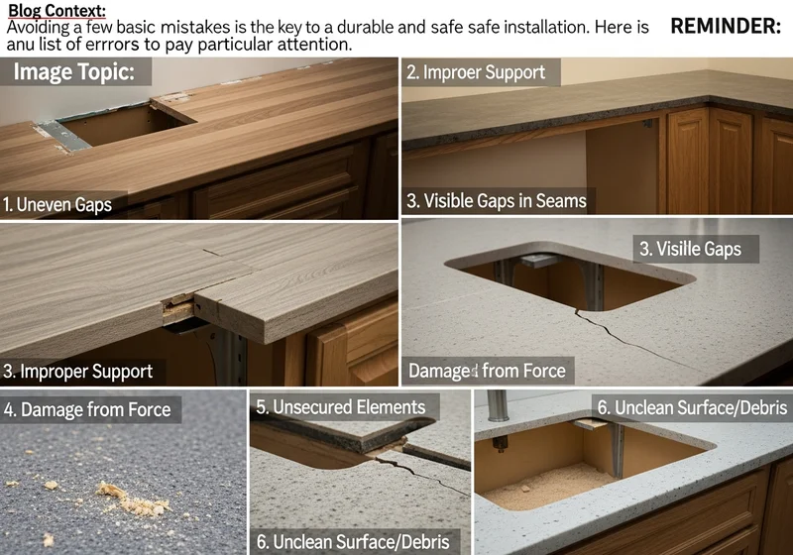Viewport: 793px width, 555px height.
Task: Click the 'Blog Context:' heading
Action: coord(57,10)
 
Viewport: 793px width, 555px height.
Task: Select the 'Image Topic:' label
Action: coord(74,71)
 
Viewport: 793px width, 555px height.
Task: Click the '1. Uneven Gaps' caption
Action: coord(57,205)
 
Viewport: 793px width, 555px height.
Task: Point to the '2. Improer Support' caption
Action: coord(476,72)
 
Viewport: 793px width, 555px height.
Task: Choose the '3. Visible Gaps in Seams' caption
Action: coord(497,200)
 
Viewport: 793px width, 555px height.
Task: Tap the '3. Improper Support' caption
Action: coord(77,372)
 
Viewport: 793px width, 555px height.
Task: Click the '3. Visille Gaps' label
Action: coord(690,249)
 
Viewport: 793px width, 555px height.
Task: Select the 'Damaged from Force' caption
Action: coord(487,371)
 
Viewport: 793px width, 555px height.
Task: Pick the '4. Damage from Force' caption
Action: coord(87,409)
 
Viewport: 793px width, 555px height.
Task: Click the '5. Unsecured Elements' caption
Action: coord(340,407)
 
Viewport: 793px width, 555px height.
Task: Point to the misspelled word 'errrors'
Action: coord(112,45)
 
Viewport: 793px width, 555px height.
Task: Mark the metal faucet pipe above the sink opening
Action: coord(498,406)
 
